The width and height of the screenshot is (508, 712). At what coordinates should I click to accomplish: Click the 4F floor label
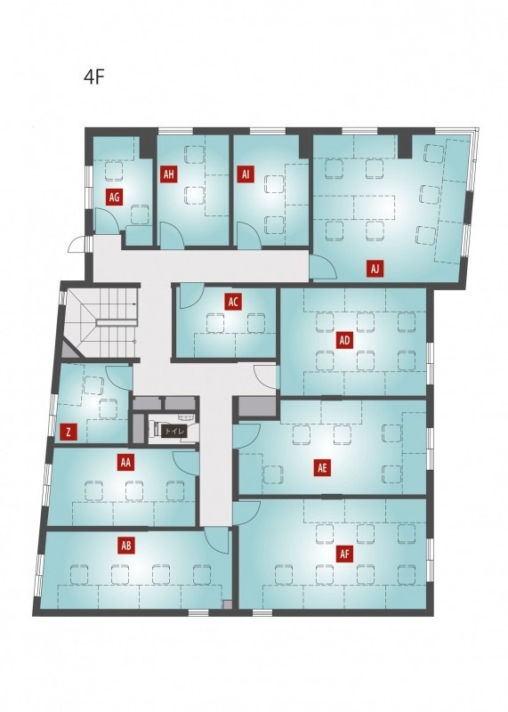coord(94,77)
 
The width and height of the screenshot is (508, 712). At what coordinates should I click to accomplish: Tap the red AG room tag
coord(115,197)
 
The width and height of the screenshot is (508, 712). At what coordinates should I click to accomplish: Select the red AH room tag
coord(169,174)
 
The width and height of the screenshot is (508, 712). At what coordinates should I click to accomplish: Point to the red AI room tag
coord(246,174)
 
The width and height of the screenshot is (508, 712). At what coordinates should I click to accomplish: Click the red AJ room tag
coord(375,269)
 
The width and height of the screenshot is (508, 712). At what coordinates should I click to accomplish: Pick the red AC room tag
coord(233,302)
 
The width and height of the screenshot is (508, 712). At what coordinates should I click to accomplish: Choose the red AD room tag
coord(344,340)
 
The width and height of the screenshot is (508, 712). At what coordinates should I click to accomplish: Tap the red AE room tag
coord(322,468)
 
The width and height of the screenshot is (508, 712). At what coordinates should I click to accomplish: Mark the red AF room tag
coord(344,554)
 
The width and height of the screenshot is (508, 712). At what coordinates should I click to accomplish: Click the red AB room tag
coord(126,546)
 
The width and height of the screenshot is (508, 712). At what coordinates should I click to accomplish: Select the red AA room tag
coord(126,463)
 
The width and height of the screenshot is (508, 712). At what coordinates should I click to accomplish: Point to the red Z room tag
coord(69,433)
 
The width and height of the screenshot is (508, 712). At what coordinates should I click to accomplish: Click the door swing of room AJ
coord(323,267)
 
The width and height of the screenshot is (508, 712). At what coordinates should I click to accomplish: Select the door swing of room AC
coord(191,295)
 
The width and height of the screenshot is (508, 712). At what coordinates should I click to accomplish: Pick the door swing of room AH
coord(173,235)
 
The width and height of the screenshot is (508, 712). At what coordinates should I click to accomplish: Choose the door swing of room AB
coord(217,540)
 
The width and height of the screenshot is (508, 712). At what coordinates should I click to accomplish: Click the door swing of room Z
coord(119,377)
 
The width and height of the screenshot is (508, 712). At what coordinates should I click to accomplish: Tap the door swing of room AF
coord(246,514)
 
